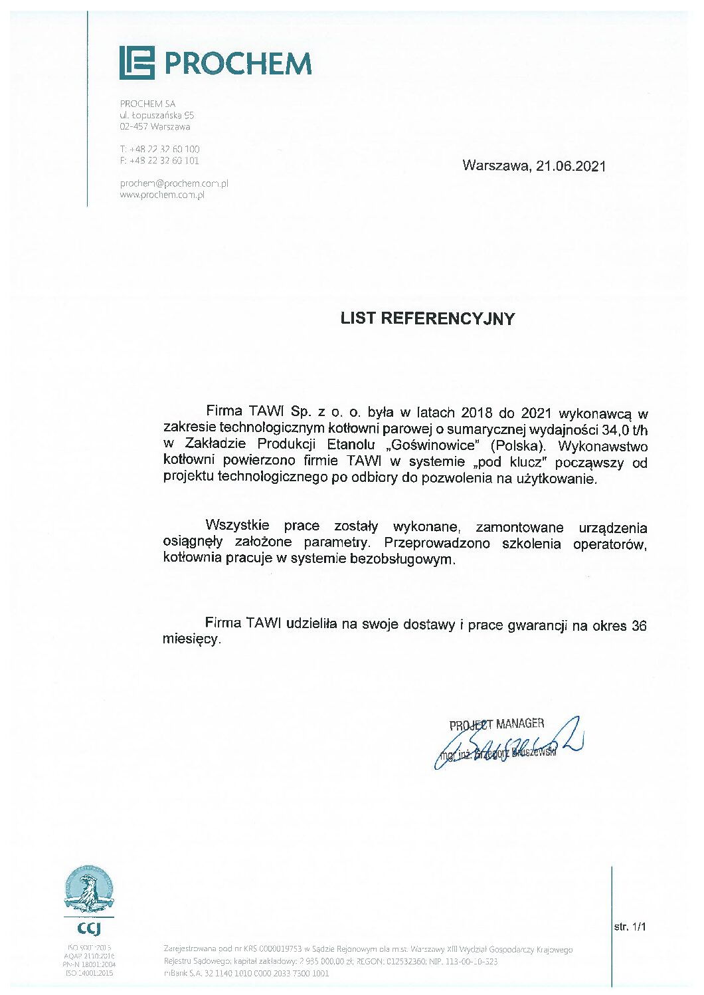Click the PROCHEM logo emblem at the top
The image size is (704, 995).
(x=137, y=63)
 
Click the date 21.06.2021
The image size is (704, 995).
(x=571, y=166)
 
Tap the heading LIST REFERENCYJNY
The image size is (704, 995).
(x=427, y=318)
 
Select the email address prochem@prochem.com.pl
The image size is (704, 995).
(x=174, y=183)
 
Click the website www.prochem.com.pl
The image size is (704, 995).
(x=162, y=195)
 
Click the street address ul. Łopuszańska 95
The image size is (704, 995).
(x=157, y=115)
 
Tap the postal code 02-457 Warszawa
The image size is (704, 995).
(x=155, y=126)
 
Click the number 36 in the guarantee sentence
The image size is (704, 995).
(x=639, y=625)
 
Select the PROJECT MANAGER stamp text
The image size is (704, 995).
(x=497, y=724)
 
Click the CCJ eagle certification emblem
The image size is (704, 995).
(x=88, y=891)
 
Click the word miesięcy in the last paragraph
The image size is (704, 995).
(x=190, y=639)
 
